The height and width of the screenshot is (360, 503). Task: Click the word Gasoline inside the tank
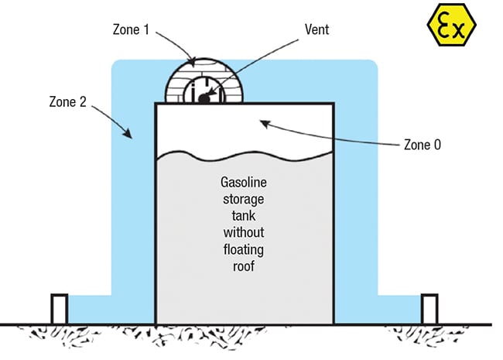[243, 183]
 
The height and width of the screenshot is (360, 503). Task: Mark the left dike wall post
[59, 309]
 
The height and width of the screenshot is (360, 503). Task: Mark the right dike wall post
[429, 309]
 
